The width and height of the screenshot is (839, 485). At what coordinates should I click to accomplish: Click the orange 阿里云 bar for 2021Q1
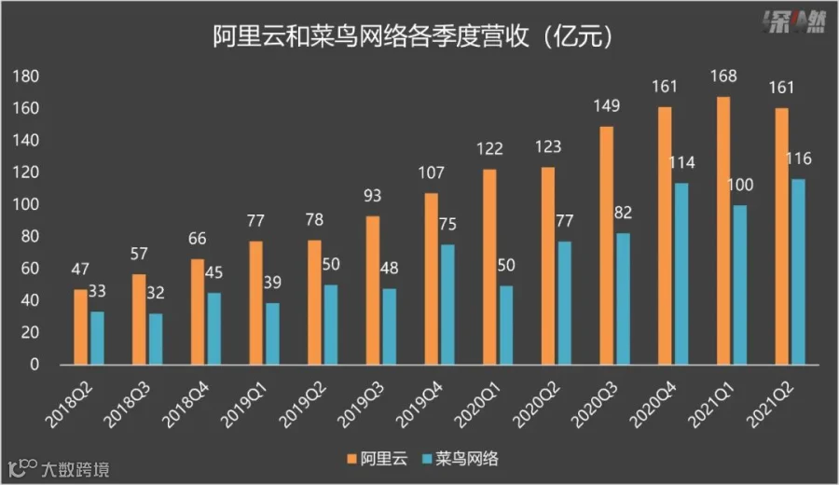click(723, 230)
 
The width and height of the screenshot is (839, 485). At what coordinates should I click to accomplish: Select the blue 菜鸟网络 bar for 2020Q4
click(681, 273)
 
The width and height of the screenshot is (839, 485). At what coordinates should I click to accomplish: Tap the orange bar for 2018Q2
click(80, 327)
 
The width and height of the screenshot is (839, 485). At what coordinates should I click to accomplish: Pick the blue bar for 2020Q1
click(505, 325)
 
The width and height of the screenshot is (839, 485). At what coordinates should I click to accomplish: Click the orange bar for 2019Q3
click(373, 290)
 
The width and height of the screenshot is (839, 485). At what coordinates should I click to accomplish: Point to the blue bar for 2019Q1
click(272, 334)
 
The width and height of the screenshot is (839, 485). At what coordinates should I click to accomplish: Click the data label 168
click(723, 76)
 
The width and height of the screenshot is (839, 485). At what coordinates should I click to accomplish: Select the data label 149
click(606, 106)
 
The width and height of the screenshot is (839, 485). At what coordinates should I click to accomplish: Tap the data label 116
click(798, 159)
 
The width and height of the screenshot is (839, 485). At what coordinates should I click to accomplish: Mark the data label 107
click(431, 173)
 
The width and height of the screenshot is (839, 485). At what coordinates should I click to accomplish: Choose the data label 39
click(272, 283)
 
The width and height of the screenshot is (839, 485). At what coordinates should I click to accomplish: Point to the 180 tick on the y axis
click(26, 76)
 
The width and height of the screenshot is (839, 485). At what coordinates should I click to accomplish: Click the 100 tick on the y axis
click(26, 204)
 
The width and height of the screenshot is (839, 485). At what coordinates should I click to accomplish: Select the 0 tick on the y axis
click(34, 365)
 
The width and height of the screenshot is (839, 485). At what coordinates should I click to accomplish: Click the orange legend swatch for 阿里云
click(351, 459)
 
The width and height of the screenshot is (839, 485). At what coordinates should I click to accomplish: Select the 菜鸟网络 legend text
click(467, 459)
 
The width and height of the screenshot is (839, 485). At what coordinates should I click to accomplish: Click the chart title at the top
click(413, 37)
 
